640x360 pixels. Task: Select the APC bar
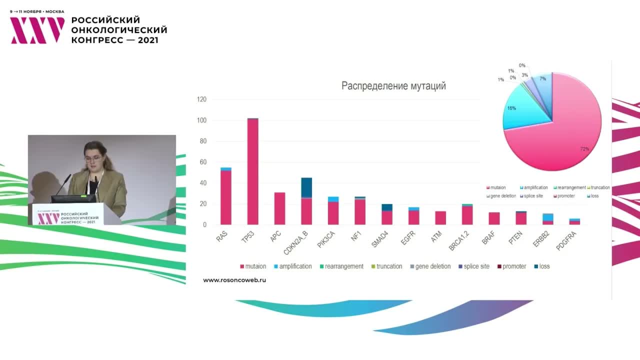pos(279,208)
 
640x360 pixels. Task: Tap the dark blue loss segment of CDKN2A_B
pos(306,187)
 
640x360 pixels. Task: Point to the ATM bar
pos(440,218)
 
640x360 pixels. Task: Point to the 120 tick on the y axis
pos(201,99)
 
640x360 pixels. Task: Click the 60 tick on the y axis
pos(202,162)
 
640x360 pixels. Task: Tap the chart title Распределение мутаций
pos(393,86)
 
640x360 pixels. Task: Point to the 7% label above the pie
pos(542,79)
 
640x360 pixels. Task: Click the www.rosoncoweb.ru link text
pos(234,280)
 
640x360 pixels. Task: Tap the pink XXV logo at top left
pos(37,30)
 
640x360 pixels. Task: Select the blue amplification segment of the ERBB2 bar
pos(548,217)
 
